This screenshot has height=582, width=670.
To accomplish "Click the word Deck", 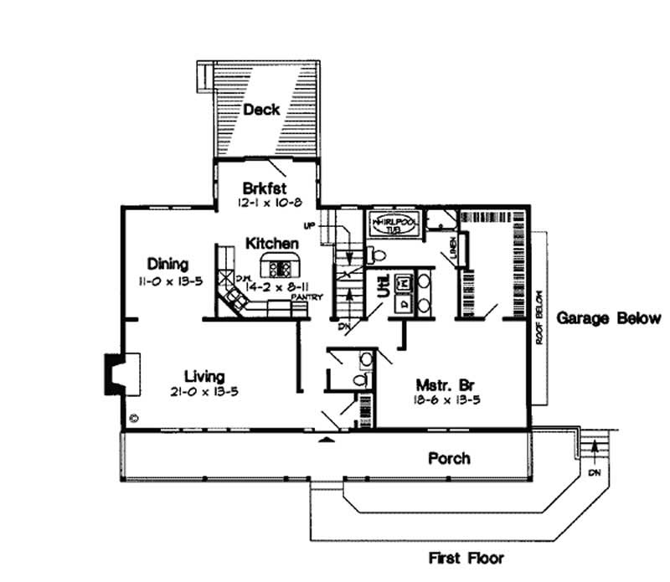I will (x=261, y=110).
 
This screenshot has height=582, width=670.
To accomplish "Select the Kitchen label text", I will (x=272, y=243).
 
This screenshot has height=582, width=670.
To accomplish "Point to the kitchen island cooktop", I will (x=281, y=268).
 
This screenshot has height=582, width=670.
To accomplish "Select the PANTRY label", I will (x=302, y=296).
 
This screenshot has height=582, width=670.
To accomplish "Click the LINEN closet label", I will (x=451, y=248).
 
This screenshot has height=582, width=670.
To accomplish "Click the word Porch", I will (x=449, y=458).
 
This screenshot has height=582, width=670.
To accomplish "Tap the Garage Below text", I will (x=609, y=318).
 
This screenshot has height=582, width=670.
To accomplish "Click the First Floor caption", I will (x=466, y=557).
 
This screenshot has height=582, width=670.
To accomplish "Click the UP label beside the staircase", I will (x=310, y=225).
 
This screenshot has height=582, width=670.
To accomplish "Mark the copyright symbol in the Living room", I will (x=134, y=417).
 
